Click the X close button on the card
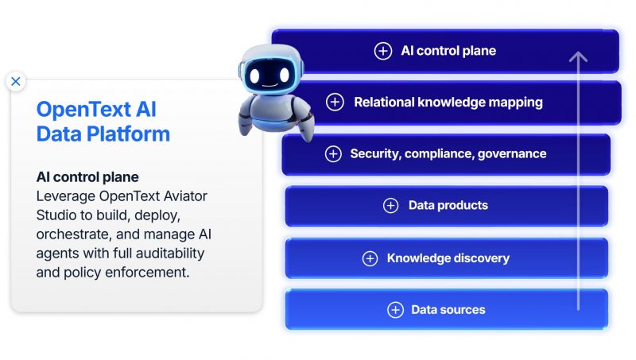(16, 81)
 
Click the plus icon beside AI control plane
(383, 51)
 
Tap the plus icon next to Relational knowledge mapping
(335, 103)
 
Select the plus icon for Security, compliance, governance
(333, 154)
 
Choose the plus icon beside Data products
(390, 206)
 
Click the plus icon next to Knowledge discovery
(370, 258)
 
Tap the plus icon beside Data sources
(395, 310)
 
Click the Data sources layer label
(448, 310)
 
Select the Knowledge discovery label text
(448, 258)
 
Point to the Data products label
(448, 206)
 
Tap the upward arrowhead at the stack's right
(578, 57)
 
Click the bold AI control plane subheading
(87, 176)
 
